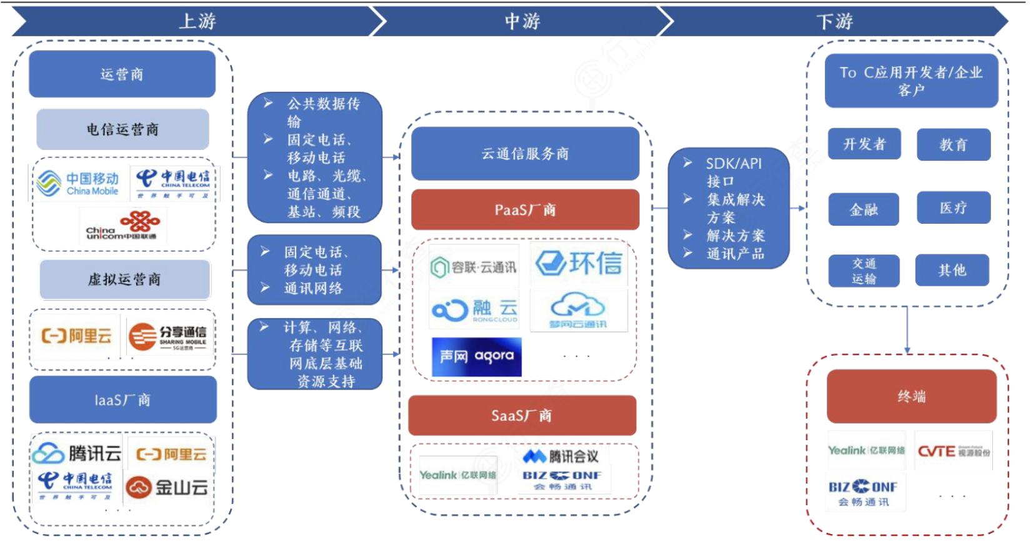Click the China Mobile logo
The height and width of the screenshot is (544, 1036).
pos(78,183)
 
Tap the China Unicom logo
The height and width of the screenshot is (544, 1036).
pos(122,226)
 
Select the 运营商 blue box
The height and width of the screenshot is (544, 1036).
pos(122,74)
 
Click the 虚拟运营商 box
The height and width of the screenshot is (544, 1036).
pos(124,280)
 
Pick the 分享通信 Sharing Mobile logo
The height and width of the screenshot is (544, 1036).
pos(167,336)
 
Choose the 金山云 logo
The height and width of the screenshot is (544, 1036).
pos(167,487)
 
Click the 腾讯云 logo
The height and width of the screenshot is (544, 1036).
pos(76,453)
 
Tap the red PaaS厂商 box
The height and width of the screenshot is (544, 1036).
pos(525,210)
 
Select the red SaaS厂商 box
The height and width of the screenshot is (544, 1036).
pos(522,416)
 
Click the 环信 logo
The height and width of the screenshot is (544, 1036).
pos(579,263)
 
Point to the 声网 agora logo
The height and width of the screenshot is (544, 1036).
pos(476,357)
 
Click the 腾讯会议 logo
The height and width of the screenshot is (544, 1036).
pos(560,456)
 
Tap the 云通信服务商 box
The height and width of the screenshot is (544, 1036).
pos(525,154)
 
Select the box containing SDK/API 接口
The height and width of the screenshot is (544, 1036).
pos(728,208)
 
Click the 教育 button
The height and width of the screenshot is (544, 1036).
pos(953,145)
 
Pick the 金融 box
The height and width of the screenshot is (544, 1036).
pos(864,209)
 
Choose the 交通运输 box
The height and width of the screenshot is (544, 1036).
pos(864,271)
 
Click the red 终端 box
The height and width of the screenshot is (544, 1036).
pos(911,396)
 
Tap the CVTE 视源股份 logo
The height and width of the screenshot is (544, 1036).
pos(953,451)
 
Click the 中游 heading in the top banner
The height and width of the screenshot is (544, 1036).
pos(522,21)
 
